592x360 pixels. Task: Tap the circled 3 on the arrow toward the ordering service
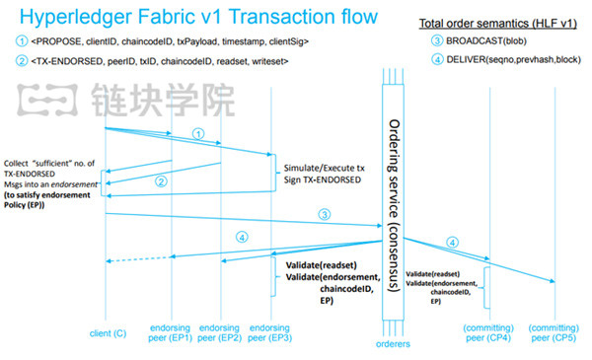[x=323, y=214]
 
